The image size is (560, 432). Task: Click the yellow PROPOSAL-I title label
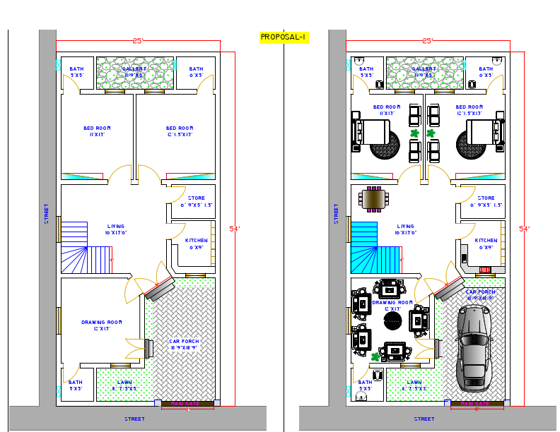284,37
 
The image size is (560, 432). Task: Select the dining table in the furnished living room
374,199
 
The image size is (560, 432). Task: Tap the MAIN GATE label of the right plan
476,404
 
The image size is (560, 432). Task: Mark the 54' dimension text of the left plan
235,229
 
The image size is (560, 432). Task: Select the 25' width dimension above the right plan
427,41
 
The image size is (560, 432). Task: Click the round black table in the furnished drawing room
393,321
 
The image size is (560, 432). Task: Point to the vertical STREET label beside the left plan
47,213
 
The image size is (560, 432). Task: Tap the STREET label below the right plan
424,419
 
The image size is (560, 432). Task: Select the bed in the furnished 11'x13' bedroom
371,134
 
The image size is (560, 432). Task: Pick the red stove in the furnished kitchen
485,270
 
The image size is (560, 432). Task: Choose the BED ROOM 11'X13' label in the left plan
97,131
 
